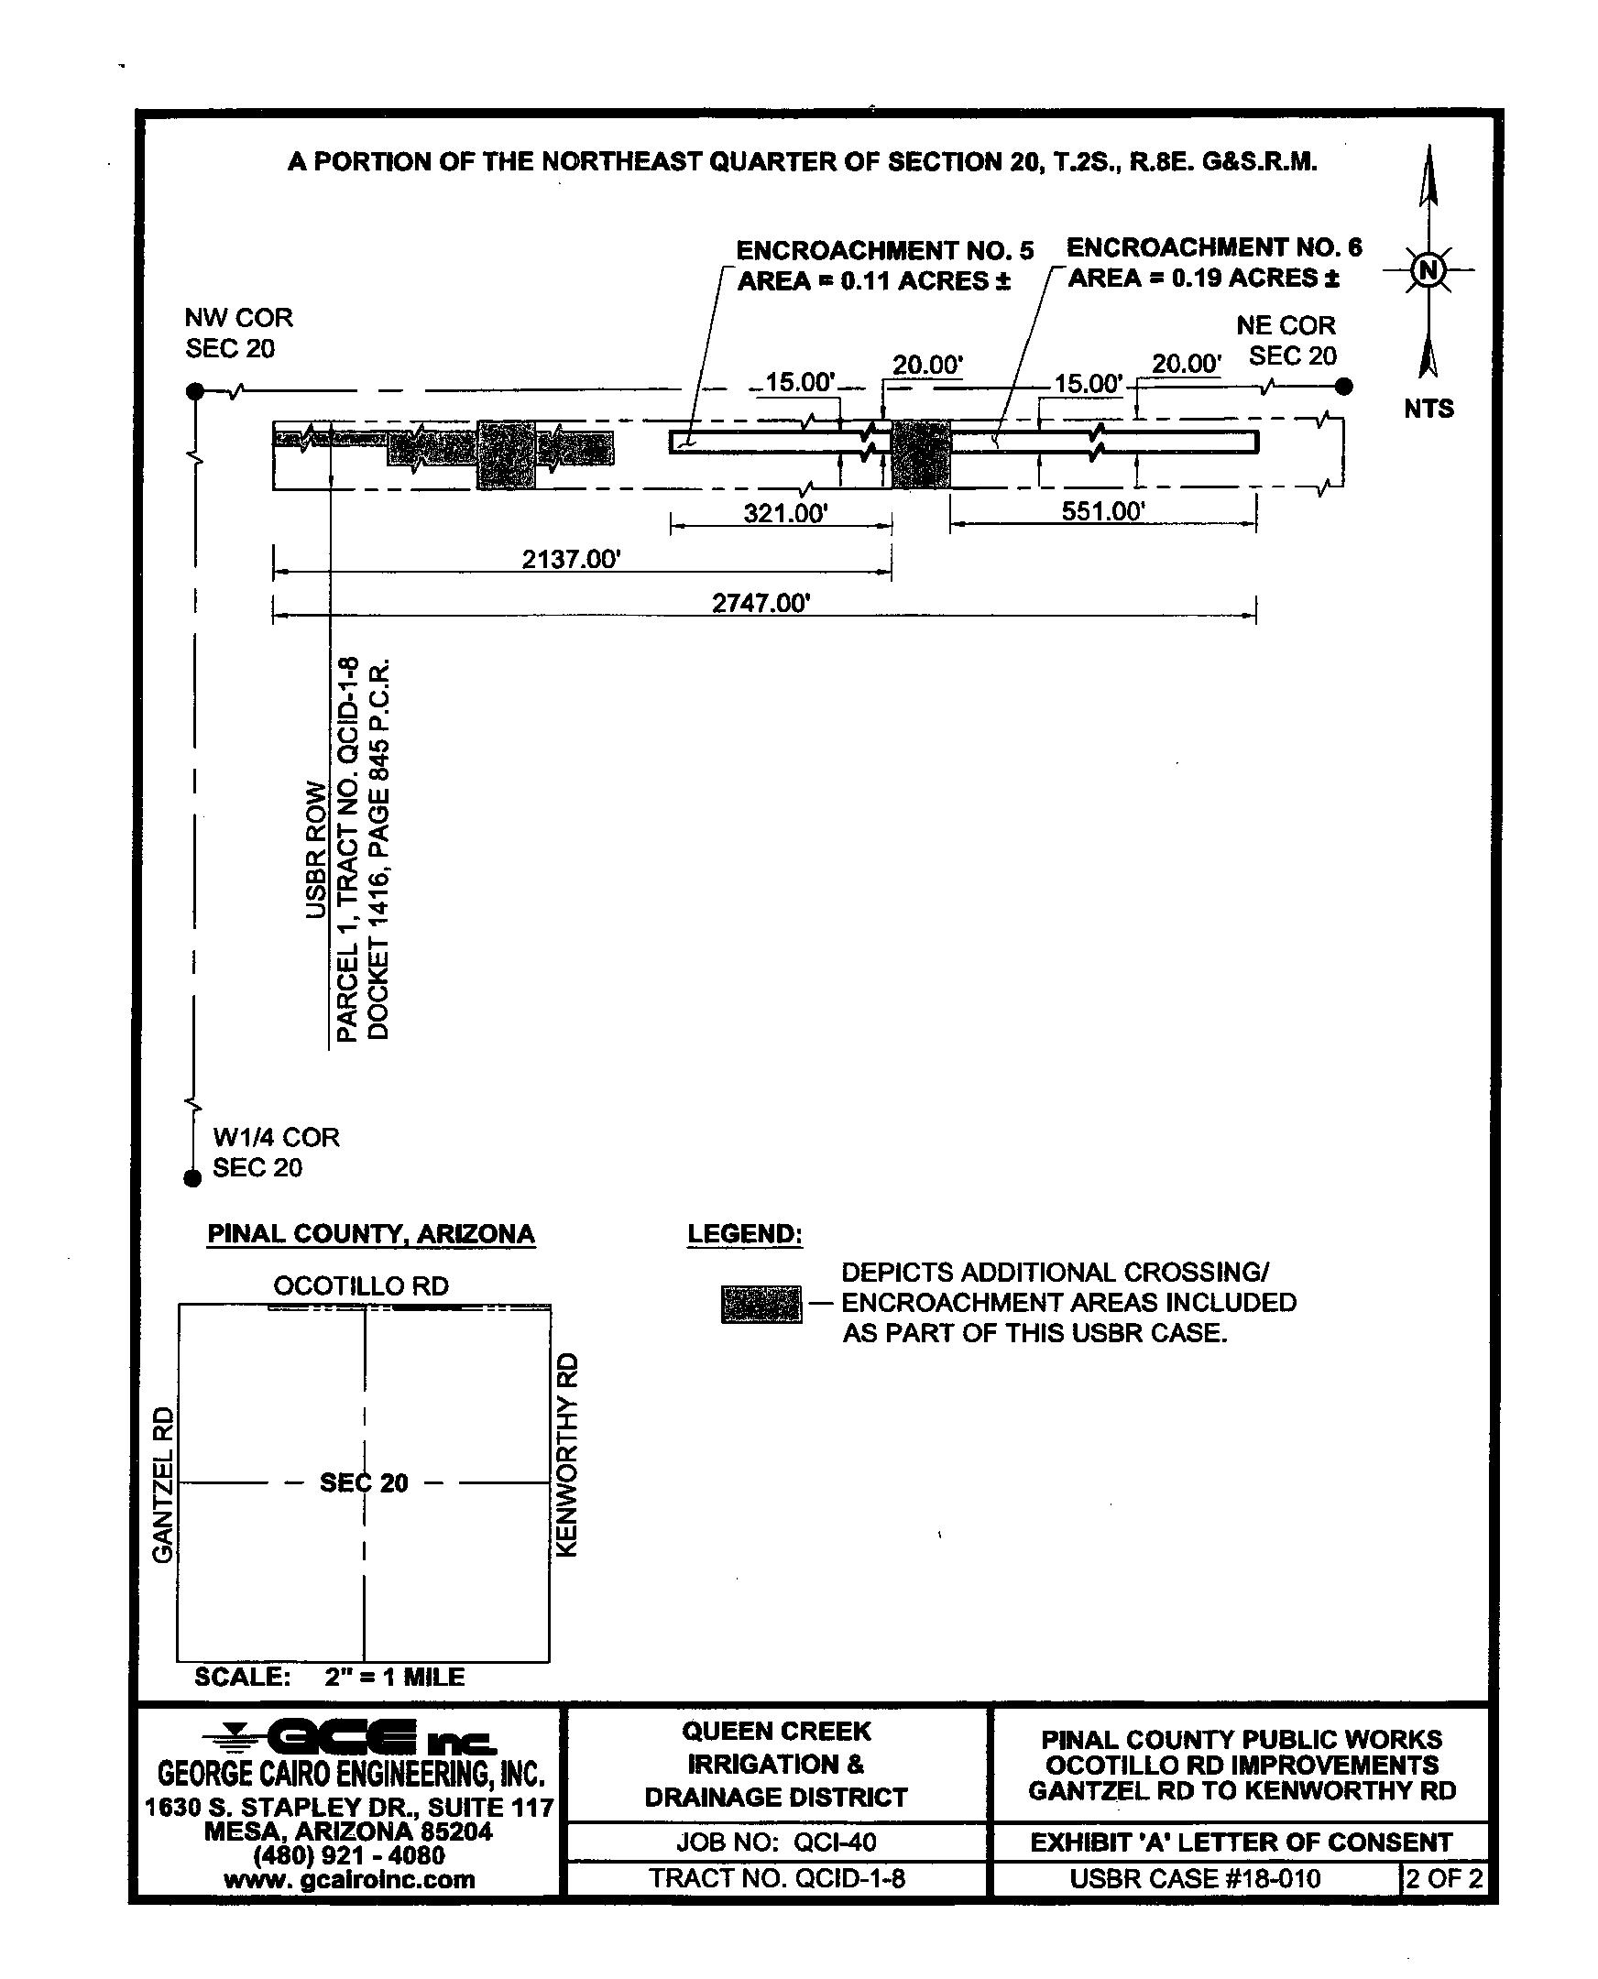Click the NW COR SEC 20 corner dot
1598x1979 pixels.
tap(195, 391)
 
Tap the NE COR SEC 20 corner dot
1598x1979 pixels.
tap(1344, 387)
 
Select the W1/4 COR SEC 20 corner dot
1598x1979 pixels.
tap(192, 1178)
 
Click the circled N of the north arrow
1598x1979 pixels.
tap(1428, 270)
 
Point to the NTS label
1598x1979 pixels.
tap(1428, 409)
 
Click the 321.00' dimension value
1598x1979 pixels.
tap(785, 513)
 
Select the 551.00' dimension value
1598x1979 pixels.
tap(1103, 511)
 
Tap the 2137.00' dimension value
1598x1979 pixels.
tap(572, 559)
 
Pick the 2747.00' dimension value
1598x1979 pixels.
tap(761, 603)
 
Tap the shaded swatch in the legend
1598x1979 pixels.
tap(761, 1305)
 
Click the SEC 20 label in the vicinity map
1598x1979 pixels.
tap(364, 1482)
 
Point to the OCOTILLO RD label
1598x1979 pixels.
tap(361, 1285)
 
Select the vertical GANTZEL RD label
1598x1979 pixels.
tap(163, 1483)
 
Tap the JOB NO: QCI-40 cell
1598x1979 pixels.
tap(776, 1842)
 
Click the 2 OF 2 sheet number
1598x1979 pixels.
tap(1443, 1878)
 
